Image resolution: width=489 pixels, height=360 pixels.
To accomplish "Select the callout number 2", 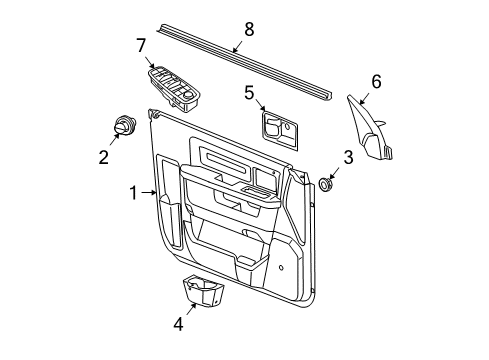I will click(102, 156).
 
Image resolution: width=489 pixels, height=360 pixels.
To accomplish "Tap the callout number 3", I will click(348, 156).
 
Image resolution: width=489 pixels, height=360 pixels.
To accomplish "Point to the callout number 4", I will click(178, 323).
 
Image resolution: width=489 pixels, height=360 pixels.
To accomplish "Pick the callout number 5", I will click(249, 92).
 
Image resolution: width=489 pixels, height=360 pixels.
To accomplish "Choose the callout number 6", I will click(376, 81).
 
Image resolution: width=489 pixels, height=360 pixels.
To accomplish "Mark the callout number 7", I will click(142, 44).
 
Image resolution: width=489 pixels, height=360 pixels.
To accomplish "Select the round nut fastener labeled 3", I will click(326, 184).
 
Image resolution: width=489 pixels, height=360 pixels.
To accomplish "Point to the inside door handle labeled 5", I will click(278, 128).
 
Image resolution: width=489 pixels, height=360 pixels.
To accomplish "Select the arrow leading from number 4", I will click(187, 311).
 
